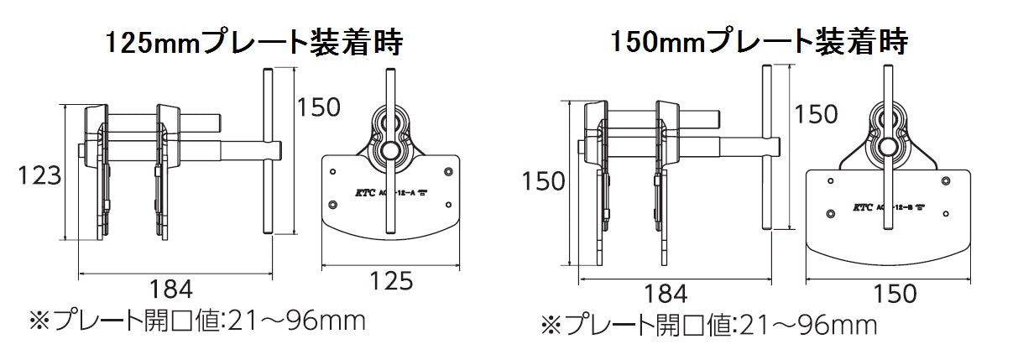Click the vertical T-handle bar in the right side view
[x=766, y=147]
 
